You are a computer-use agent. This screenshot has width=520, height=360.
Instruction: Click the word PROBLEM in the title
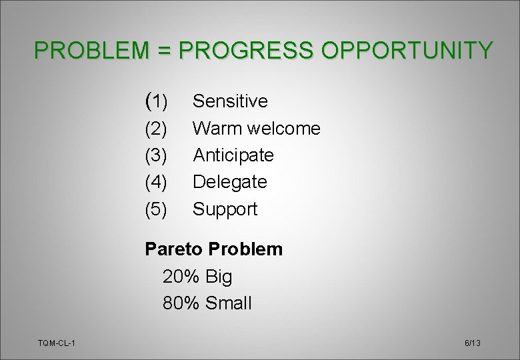click(x=94, y=50)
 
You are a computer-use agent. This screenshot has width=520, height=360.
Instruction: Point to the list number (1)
click(x=156, y=101)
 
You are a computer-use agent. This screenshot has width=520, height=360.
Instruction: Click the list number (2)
click(x=156, y=129)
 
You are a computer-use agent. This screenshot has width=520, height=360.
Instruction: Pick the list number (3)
click(x=156, y=155)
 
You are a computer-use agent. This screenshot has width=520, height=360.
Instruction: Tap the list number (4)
click(x=156, y=182)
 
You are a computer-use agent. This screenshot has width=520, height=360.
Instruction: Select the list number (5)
click(x=156, y=209)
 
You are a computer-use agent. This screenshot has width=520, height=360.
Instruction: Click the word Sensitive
click(x=230, y=101)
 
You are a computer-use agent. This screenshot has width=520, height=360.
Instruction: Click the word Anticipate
click(x=233, y=155)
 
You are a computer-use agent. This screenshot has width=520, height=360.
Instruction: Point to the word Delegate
click(x=230, y=182)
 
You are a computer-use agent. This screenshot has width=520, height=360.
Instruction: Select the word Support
click(x=225, y=209)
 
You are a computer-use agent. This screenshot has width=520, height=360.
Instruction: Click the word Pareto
click(x=174, y=249)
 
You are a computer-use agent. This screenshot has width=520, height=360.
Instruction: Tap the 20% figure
click(x=181, y=277)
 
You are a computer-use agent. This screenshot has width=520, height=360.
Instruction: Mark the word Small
click(x=229, y=304)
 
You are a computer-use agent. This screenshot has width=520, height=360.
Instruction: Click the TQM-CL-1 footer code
click(x=57, y=343)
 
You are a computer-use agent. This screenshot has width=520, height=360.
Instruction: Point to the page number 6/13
click(x=472, y=343)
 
